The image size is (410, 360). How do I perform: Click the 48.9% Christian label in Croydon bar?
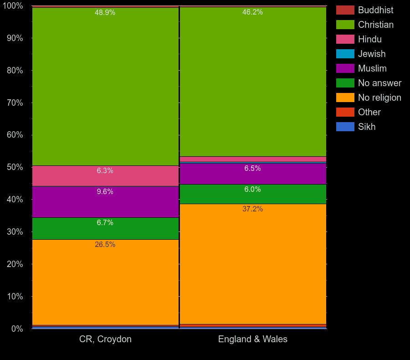pyautogui.click(x=105, y=13)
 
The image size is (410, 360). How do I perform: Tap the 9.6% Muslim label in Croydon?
pyautogui.click(x=105, y=192)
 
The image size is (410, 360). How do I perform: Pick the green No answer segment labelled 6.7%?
pyautogui.click(x=105, y=228)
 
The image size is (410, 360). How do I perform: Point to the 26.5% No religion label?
pyautogui.click(x=105, y=245)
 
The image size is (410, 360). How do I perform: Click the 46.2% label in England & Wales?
pyautogui.click(x=252, y=12)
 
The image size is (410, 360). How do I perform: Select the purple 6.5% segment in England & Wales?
pyautogui.click(x=253, y=174)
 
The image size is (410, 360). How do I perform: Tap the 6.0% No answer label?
pyautogui.click(x=252, y=190)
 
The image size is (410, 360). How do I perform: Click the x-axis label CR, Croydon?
pyautogui.click(x=105, y=339)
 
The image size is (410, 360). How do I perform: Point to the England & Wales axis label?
pyautogui.click(x=253, y=339)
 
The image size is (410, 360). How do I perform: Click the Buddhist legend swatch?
pyautogui.click(x=345, y=10)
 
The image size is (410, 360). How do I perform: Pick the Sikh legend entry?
pyautogui.click(x=366, y=127)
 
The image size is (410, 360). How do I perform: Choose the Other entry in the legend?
pyautogui.click(x=369, y=112)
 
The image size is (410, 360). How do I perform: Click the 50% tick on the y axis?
pyautogui.click(x=15, y=167)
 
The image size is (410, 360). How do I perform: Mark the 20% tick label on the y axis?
pyautogui.click(x=15, y=264)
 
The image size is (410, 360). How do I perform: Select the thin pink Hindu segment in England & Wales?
pyautogui.click(x=253, y=159)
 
